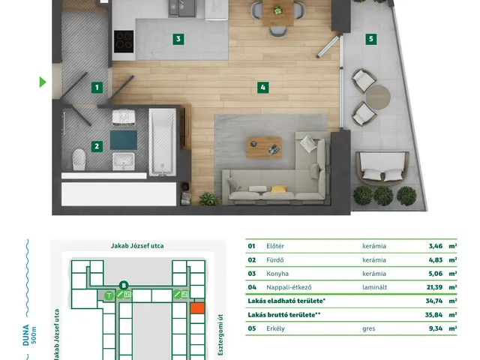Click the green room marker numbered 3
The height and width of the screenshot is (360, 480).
[178, 39]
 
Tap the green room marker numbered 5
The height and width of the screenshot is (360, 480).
[371, 39]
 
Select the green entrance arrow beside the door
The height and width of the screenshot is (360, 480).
[43, 82]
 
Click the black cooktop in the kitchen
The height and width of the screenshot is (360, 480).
[124, 42]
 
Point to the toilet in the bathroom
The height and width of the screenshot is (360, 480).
[79, 159]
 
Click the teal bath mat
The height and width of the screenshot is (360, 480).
[123, 140]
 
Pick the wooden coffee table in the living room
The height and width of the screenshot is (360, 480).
[264, 148]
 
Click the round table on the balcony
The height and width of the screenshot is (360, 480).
[378, 97]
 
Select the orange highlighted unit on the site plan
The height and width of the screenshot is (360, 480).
[197, 308]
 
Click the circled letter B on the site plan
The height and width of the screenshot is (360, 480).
[124, 286]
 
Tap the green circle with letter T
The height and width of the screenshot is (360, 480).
[109, 295]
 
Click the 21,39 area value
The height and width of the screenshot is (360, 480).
[435, 287]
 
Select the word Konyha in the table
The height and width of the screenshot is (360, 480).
[277, 274]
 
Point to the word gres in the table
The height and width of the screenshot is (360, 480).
[368, 328]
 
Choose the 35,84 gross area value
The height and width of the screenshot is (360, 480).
[433, 315]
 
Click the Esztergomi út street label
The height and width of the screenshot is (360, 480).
[220, 334]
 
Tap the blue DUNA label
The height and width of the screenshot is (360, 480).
[26, 335]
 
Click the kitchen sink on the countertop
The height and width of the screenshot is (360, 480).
[181, 7]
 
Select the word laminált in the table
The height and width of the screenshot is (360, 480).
[375, 287]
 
